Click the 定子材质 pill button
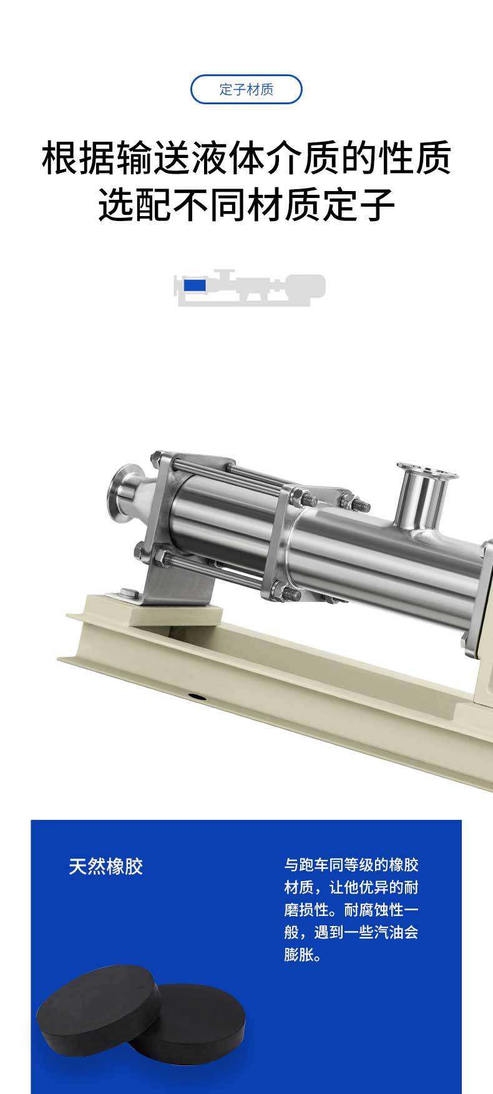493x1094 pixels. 246,89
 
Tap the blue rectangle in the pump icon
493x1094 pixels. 195,285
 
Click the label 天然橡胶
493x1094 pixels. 106,866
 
